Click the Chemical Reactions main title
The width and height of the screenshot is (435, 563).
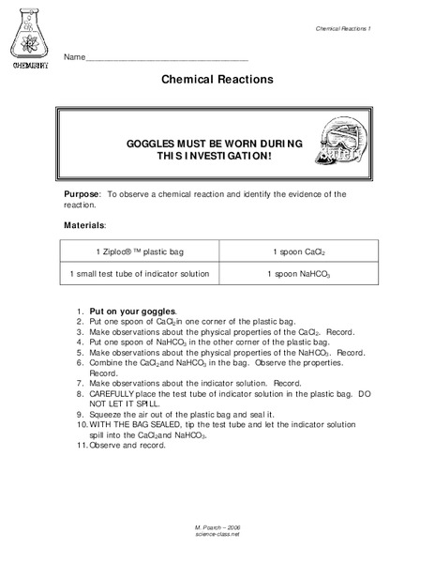point(217,81)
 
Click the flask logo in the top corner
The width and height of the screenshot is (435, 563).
point(32,38)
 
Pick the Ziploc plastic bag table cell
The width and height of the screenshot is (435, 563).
point(139,252)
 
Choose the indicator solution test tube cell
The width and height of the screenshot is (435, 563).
point(139,273)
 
